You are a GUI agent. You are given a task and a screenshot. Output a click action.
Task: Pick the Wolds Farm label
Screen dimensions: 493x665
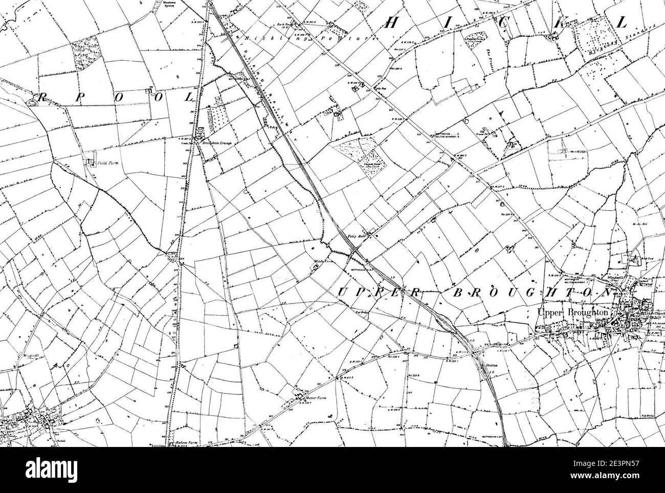click(320, 261)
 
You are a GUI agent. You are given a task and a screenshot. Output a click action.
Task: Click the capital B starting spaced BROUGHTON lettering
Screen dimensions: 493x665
click(458, 293)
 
